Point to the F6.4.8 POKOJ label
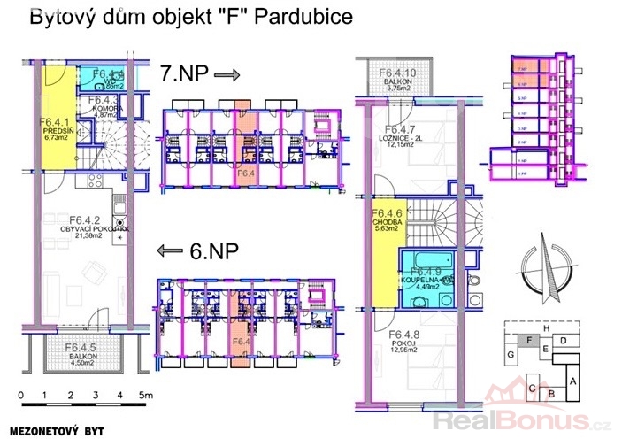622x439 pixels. tap(407, 341)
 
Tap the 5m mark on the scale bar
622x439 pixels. tap(146, 396)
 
